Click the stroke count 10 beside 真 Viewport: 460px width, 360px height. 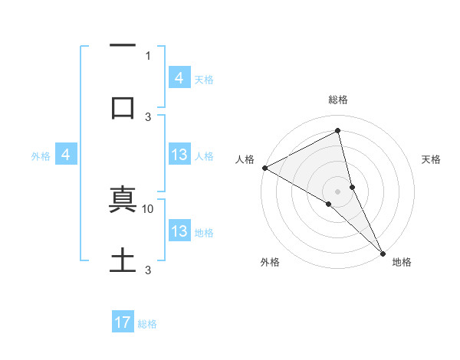[x=148, y=208]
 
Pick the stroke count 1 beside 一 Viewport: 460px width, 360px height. [x=148, y=56]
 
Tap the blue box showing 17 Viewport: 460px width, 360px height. [x=123, y=322]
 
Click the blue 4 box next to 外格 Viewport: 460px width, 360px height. [x=66, y=155]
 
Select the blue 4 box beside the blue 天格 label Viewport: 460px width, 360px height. [x=179, y=77]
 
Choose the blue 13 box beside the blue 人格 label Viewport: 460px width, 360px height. [x=179, y=155]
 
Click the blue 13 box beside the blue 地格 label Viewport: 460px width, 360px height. [x=179, y=231]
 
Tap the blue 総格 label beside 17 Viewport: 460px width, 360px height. [x=147, y=324]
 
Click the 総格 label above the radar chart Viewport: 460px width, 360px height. [x=338, y=100]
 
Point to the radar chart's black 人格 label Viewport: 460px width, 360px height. [x=245, y=159]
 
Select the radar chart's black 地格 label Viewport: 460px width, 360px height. [x=402, y=262]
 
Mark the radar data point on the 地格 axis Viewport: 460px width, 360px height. [x=383, y=253]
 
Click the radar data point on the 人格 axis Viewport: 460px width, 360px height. [x=264, y=168]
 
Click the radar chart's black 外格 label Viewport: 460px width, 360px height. [x=270, y=262]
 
